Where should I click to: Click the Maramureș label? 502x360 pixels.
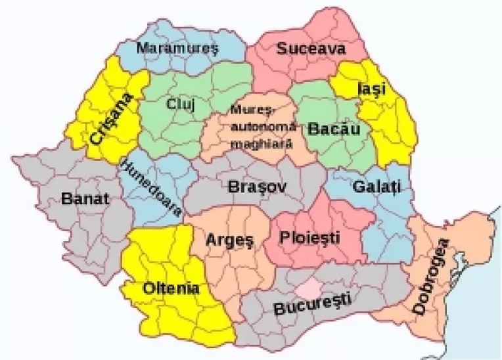[177, 49]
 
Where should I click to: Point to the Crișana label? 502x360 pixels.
[112, 119]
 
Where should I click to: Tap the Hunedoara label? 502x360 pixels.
[151, 188]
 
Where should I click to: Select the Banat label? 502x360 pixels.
[84, 198]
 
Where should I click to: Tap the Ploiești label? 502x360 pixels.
[309, 237]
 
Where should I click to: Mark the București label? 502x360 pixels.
[312, 305]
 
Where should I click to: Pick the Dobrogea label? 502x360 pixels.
[432, 276]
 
